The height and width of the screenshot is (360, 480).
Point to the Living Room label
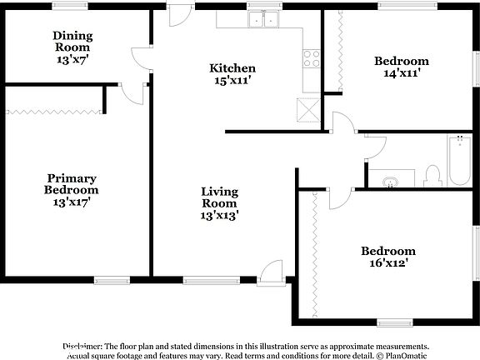click(x=220, y=202)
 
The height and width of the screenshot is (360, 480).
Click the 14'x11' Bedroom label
click(x=401, y=67)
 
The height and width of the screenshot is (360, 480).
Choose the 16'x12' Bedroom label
click(x=387, y=257)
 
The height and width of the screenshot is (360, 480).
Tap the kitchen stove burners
click(x=312, y=57)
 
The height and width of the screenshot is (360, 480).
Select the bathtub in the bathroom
click(x=459, y=161)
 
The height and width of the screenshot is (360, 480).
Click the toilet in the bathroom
click(x=432, y=175)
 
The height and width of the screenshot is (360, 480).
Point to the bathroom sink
click(x=390, y=181)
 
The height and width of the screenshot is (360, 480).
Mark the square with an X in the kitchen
click(x=308, y=109)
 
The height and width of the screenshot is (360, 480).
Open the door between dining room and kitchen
click(x=142, y=57)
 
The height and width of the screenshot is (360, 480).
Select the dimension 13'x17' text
click(x=72, y=201)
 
